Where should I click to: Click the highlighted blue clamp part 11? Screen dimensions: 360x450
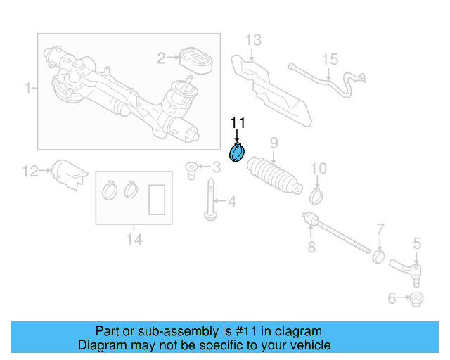[237, 152]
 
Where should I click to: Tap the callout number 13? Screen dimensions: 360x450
[253, 39]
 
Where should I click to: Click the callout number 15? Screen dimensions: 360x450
[330, 59]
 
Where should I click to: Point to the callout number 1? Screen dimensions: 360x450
[28, 89]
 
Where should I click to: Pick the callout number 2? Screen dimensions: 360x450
[161, 58]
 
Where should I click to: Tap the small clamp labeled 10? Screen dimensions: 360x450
[316, 195]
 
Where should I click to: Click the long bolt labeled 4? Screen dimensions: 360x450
[210, 200]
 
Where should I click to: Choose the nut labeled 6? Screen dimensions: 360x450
[416, 299]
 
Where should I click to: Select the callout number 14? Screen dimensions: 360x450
[134, 240]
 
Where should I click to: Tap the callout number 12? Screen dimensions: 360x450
[29, 170]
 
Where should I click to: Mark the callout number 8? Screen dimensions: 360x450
[311, 247]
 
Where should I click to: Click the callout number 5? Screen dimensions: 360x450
[417, 243]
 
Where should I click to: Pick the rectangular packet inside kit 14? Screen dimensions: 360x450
[157, 198]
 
